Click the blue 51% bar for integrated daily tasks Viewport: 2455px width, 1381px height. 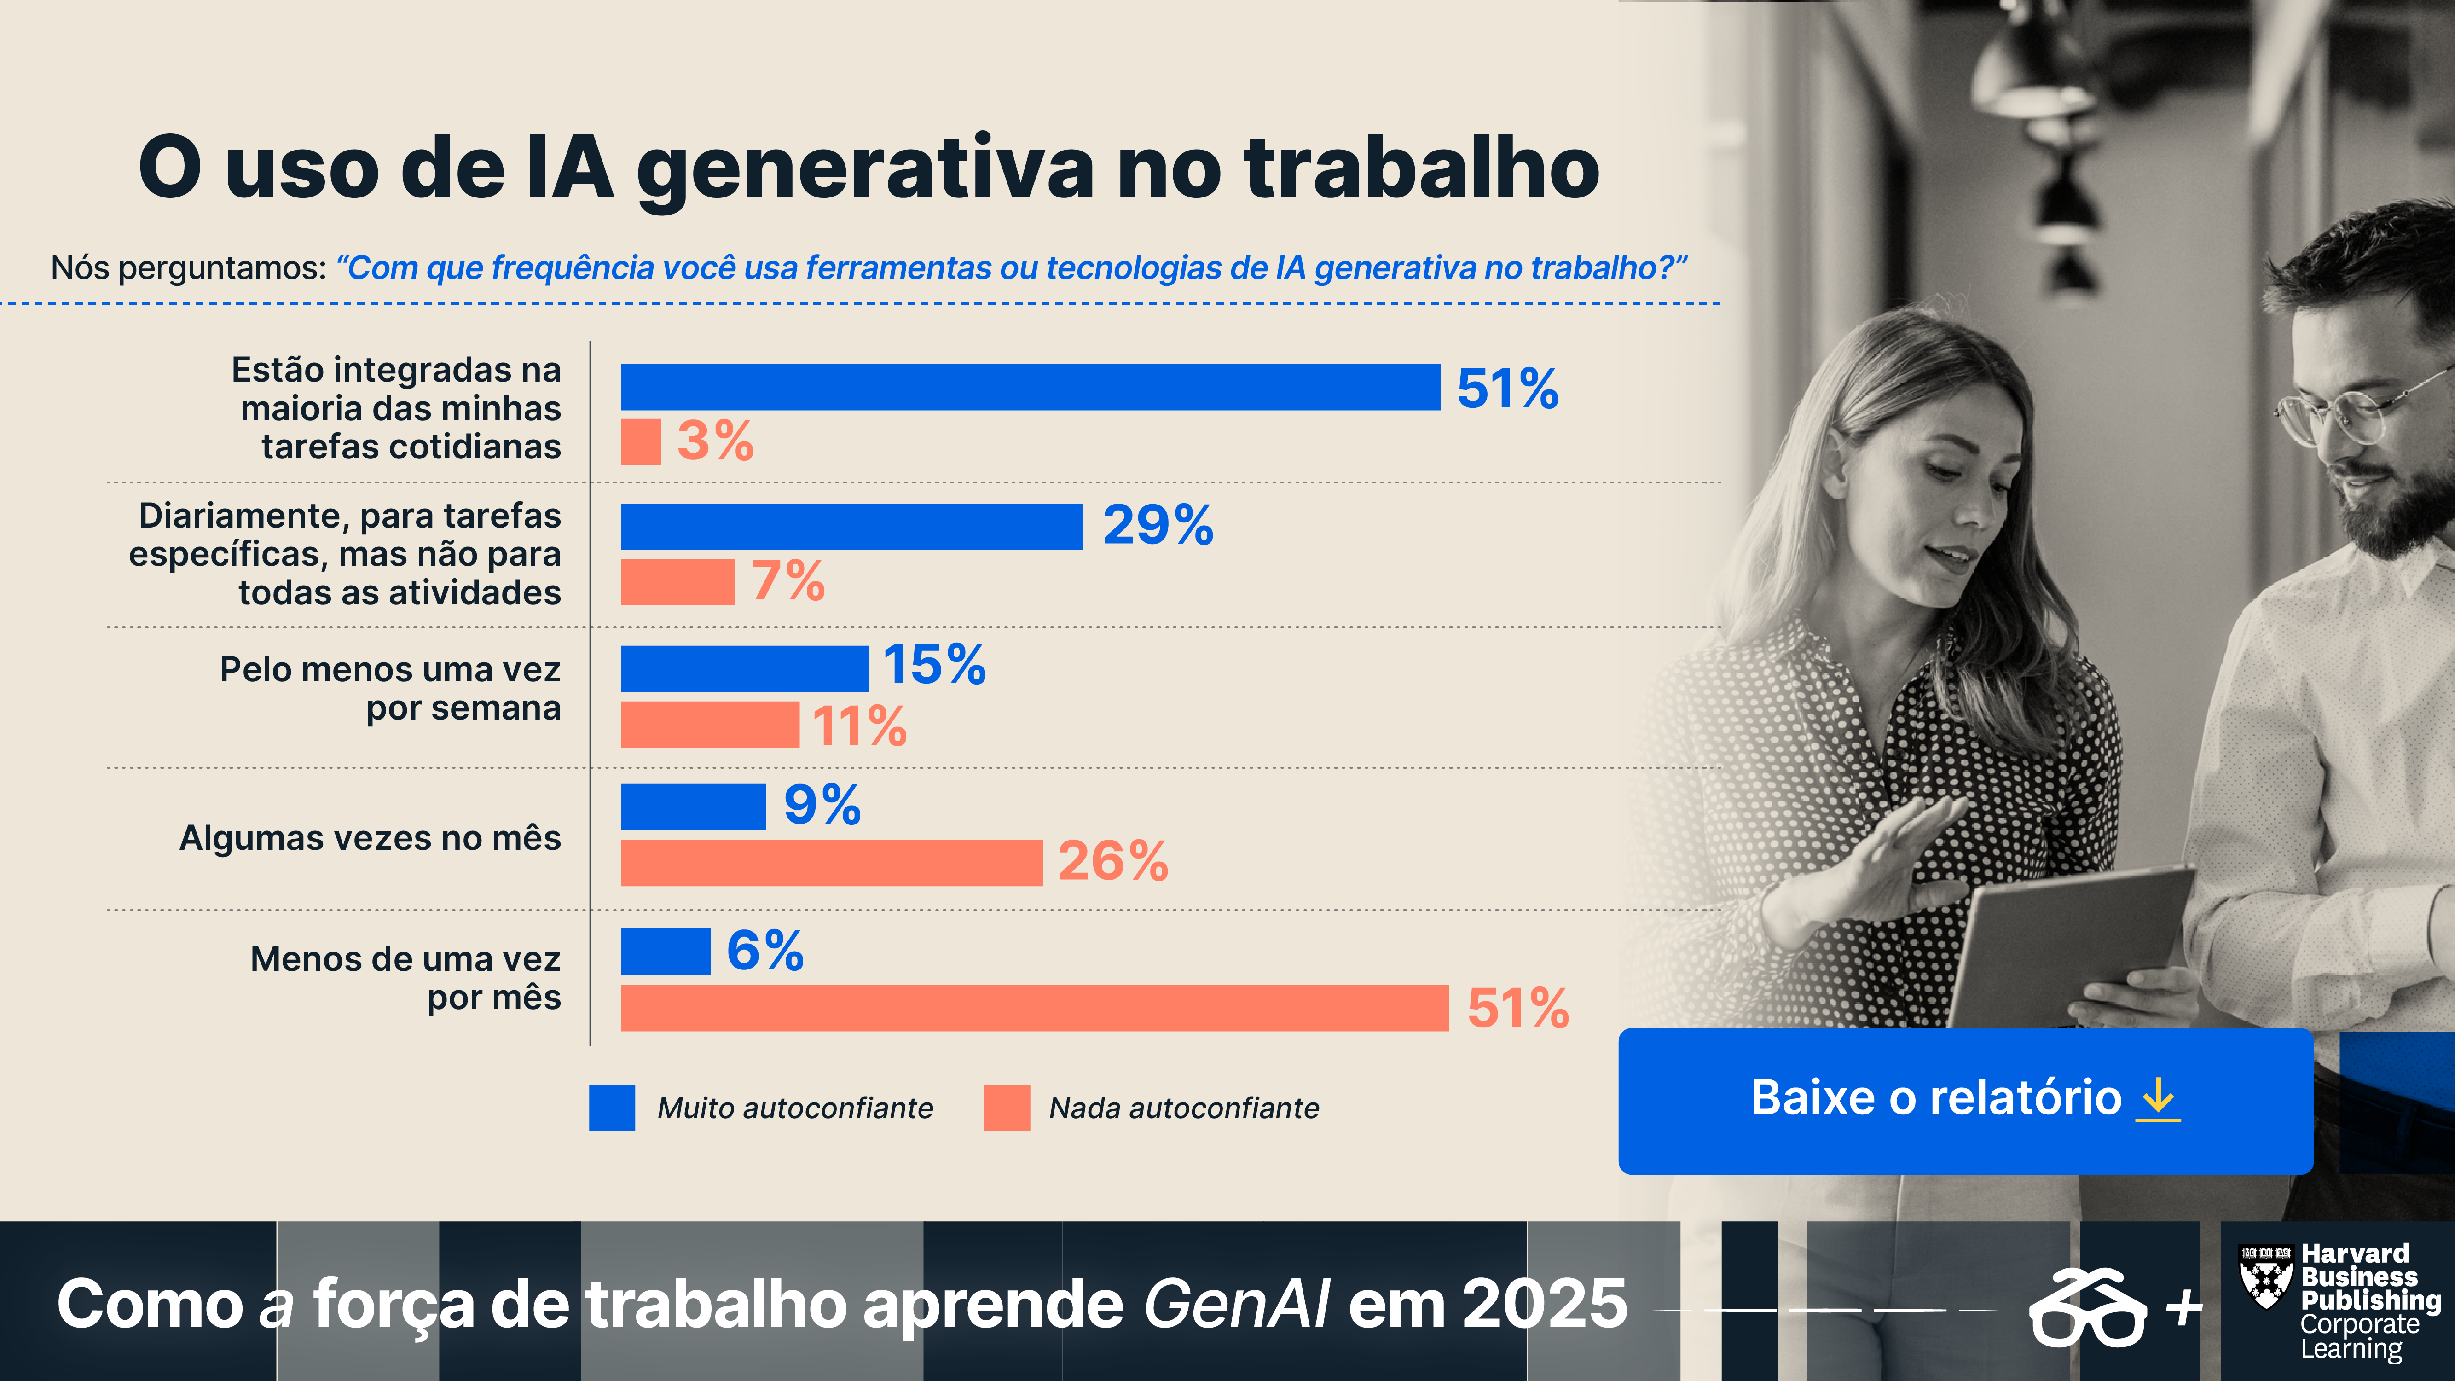coord(1029,387)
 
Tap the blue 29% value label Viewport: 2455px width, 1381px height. coord(1158,525)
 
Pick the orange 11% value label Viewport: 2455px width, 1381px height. coord(859,726)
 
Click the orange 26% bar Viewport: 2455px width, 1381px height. coord(831,863)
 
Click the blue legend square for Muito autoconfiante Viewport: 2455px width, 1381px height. coord(612,1108)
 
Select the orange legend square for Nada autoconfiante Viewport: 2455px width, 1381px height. coord(1007,1108)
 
